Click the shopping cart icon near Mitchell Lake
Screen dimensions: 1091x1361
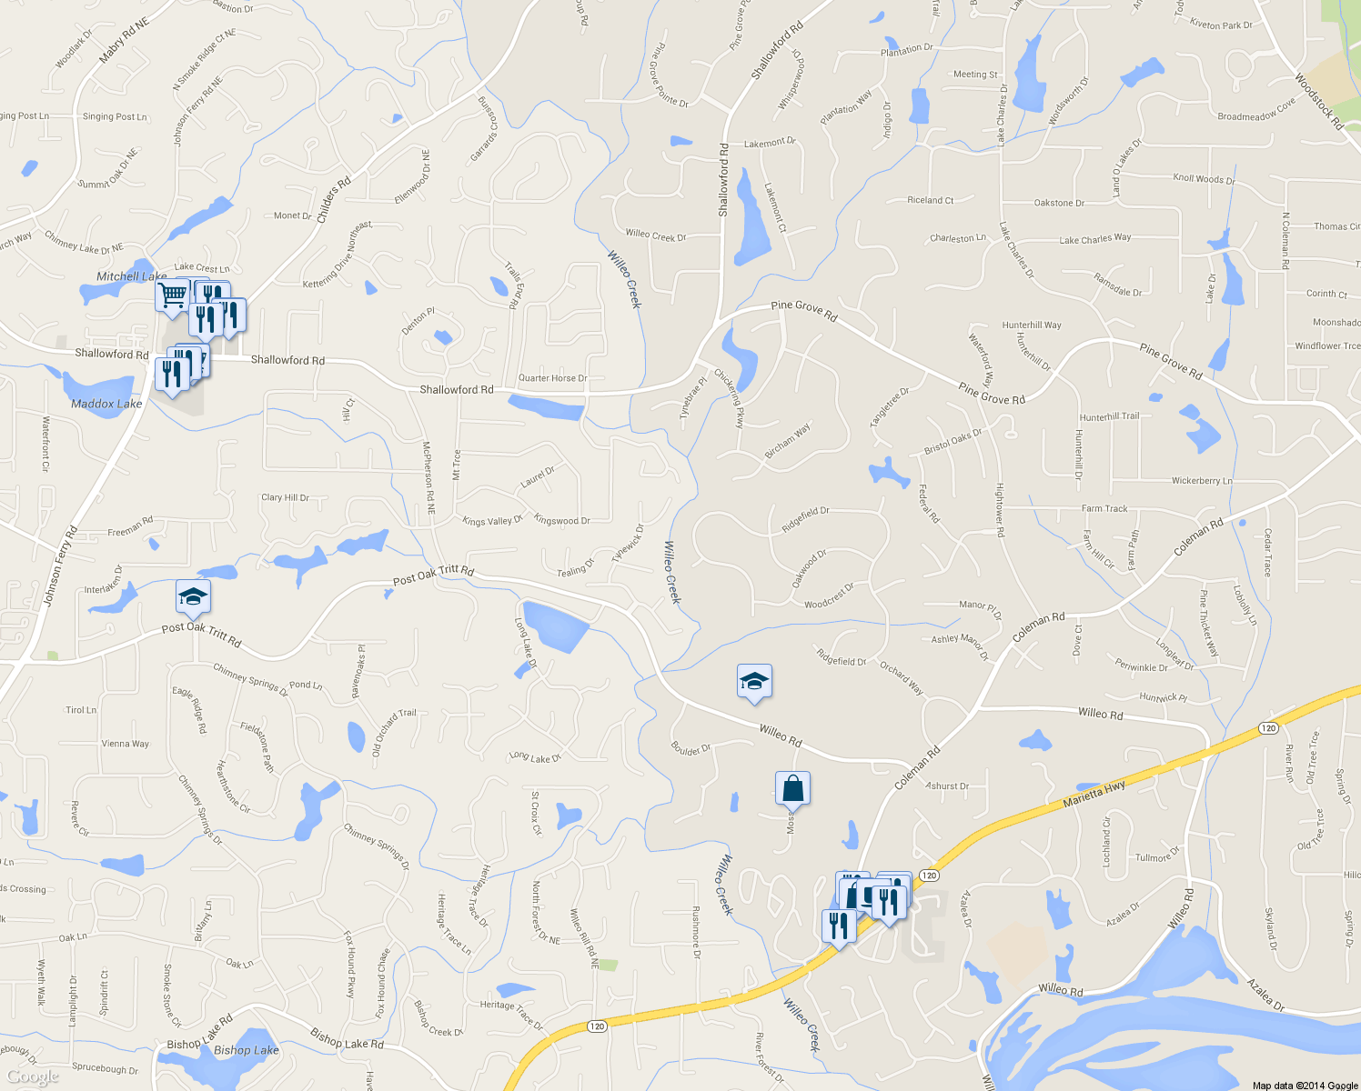(171, 295)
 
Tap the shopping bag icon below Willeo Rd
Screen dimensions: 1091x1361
(792, 788)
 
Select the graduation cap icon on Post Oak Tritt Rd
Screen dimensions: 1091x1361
(193, 597)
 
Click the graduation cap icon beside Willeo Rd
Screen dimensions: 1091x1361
(754, 681)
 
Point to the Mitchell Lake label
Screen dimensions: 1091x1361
(132, 276)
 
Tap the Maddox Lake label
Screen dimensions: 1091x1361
(106, 404)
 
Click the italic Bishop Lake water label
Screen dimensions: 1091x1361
(246, 1050)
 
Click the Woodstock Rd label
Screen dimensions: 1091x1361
(1319, 101)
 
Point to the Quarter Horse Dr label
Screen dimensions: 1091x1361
(552, 378)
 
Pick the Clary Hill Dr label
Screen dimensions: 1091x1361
(285, 497)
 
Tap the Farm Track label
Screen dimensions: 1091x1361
(1104, 508)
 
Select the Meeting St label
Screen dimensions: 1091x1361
(975, 75)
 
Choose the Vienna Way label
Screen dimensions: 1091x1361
(126, 744)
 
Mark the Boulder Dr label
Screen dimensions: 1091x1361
(691, 749)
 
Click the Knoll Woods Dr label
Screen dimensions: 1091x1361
(1204, 179)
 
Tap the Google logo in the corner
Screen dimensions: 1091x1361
(33, 1076)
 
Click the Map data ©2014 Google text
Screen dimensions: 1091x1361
(1305, 1086)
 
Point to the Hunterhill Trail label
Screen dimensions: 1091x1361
(1109, 416)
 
